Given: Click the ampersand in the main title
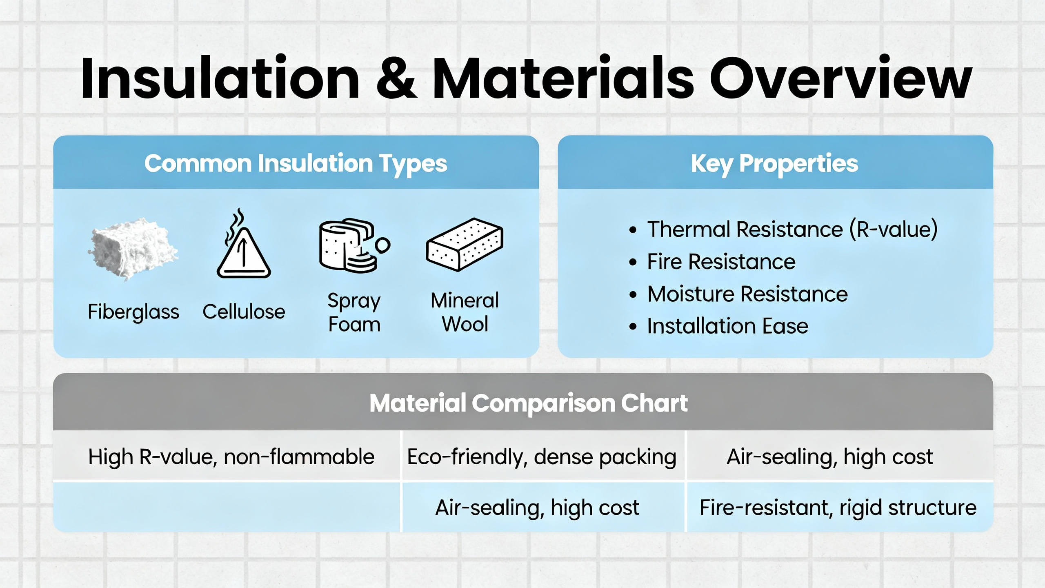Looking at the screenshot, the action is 396,78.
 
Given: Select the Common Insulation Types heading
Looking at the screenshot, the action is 296,164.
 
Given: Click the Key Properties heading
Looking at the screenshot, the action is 774,164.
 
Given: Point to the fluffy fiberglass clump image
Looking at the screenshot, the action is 133,249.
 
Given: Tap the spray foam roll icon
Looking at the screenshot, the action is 354,245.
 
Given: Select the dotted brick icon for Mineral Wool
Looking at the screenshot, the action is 465,245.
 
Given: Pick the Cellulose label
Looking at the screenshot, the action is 244,312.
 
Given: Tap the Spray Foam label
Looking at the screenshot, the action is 354,313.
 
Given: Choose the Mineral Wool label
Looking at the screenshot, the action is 465,312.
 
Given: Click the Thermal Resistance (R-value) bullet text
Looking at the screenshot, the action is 792,229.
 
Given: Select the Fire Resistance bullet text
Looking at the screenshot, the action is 721,261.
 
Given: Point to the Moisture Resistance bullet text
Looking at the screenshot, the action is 747,294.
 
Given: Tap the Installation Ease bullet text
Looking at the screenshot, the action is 728,326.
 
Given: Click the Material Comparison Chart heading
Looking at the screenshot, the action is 529,403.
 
